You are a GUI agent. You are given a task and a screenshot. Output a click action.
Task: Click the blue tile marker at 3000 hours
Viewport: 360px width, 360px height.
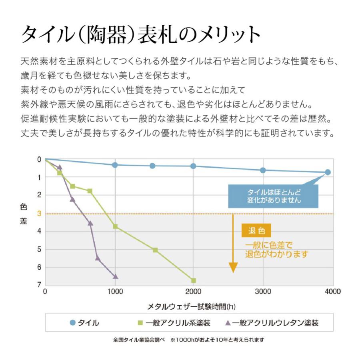263,170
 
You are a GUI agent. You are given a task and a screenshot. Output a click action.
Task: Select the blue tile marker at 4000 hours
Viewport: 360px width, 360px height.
328,172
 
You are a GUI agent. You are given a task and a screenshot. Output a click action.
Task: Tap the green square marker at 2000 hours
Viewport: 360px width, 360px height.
194,280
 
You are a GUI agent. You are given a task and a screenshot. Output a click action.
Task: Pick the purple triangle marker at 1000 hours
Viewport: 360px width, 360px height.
115,276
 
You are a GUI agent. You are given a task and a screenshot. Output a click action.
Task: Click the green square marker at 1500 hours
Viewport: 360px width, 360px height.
155,250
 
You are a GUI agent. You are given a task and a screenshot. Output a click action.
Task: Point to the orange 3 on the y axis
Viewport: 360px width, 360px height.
39,213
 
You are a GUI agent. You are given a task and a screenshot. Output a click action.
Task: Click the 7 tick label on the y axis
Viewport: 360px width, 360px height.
39,285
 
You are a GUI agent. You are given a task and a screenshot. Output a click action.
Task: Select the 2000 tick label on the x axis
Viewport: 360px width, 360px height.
194,292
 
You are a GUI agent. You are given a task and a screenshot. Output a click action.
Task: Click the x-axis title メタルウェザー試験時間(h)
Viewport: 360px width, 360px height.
192,307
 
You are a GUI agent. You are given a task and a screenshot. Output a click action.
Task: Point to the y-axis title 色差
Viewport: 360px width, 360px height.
24,214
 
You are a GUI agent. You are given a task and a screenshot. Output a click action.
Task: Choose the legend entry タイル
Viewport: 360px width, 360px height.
84,323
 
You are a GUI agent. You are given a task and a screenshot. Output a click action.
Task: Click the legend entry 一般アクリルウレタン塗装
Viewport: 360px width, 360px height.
272,323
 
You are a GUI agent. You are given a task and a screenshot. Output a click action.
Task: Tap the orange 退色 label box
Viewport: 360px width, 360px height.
256,230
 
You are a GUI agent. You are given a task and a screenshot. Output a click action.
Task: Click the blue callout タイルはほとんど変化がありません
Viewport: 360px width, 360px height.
274,196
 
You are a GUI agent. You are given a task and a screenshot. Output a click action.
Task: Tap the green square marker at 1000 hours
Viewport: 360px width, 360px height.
115,226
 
